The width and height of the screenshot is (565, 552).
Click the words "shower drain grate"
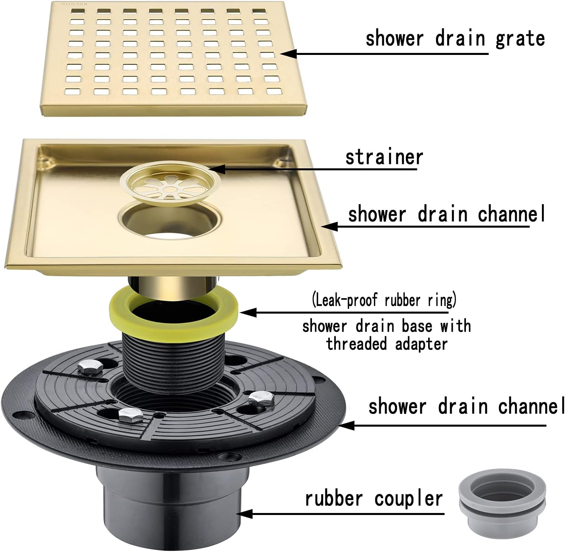pos(455,39)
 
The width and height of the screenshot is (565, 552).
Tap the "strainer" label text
pos(384,157)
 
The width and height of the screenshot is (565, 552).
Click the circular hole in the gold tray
pos(171,220)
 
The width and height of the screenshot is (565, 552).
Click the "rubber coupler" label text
pos(374,498)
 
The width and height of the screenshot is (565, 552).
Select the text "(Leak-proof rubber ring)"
pos(384,299)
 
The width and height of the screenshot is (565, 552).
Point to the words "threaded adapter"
pos(387,343)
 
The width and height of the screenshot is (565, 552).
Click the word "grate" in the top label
pos(520,39)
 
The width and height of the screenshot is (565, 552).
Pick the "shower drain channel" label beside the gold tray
pos(446,214)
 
